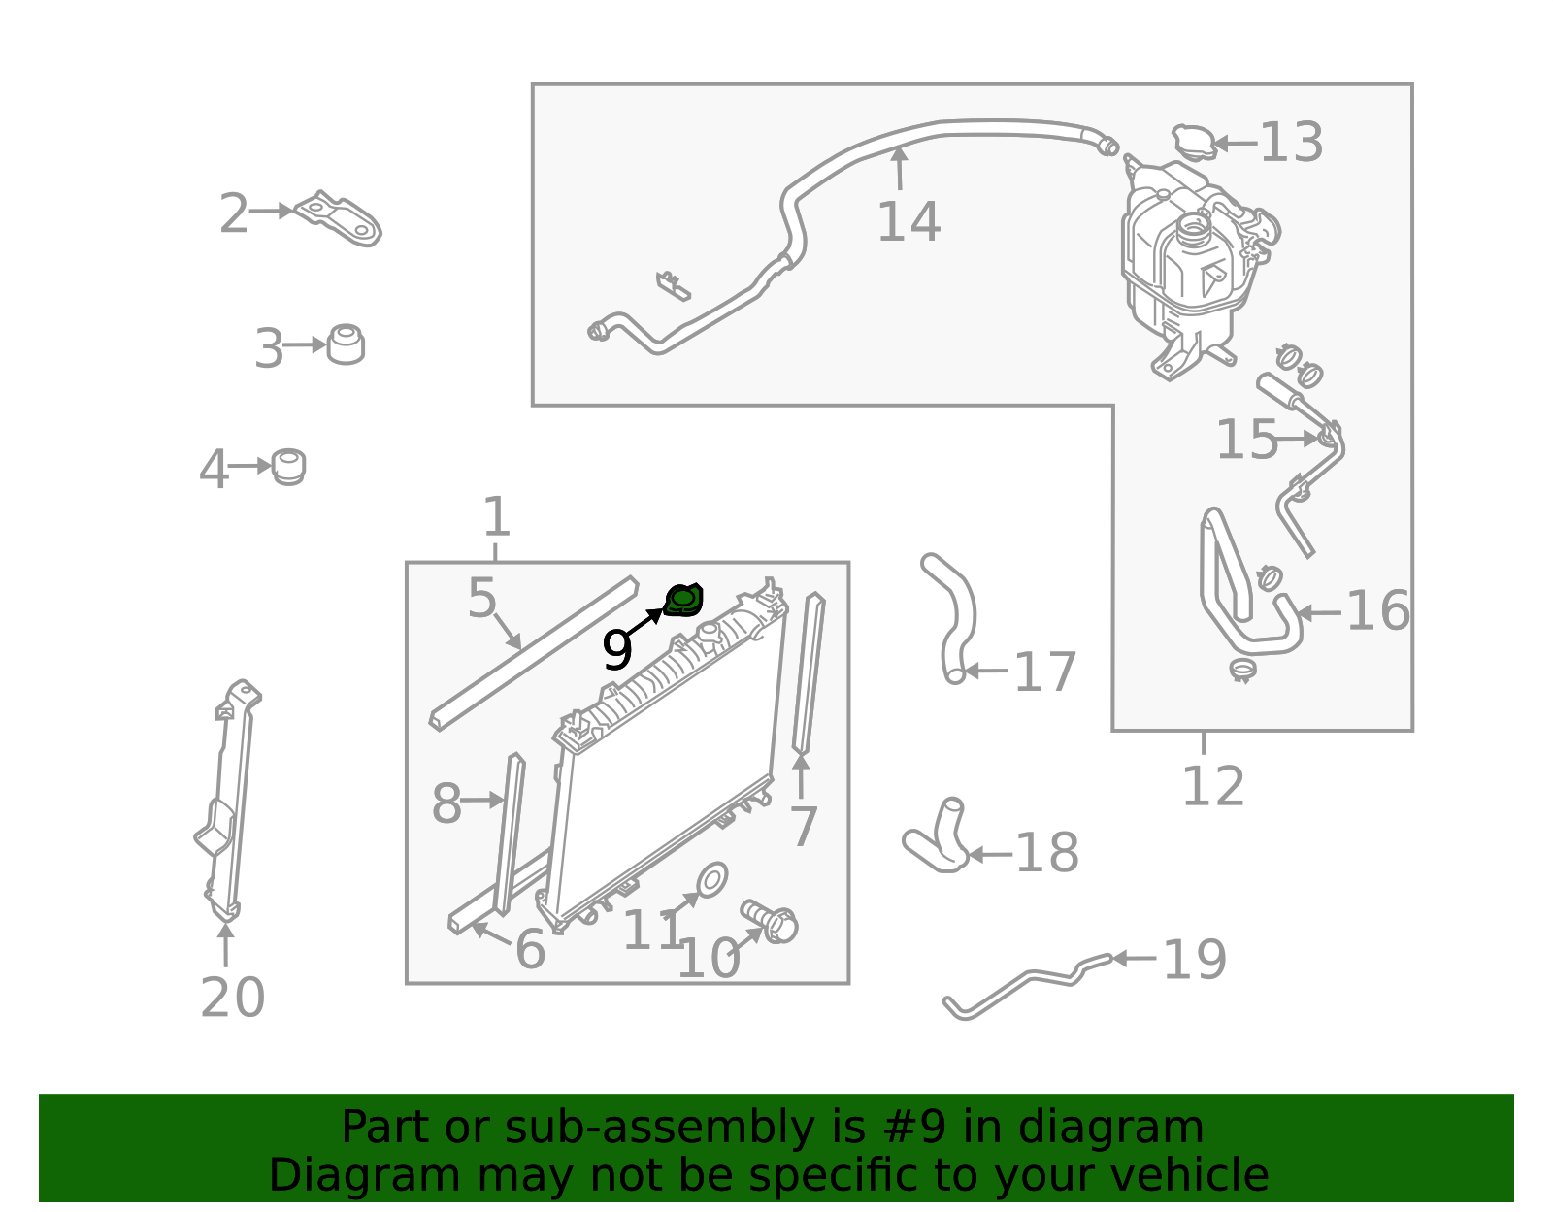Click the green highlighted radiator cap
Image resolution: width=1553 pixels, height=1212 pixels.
[683, 601]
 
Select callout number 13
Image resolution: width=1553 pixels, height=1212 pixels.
[1291, 142]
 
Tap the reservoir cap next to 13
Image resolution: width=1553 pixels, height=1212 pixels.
[1193, 142]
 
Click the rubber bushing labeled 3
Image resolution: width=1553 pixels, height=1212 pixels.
[346, 344]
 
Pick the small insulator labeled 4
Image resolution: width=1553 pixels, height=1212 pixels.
[288, 467]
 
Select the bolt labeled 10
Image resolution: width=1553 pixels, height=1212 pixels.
[771, 921]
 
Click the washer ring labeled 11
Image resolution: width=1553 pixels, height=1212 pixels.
[711, 880]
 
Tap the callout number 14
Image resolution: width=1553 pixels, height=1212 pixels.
[909, 221]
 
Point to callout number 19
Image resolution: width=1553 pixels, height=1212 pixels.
[1195, 960]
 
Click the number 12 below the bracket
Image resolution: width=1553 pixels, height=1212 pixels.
[1213, 786]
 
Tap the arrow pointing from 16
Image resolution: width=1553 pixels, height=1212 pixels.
[1318, 612]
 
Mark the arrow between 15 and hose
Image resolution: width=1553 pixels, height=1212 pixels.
[1297, 439]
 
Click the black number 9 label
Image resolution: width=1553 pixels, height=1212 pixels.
[616, 649]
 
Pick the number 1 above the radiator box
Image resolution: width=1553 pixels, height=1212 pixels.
[497, 516]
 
